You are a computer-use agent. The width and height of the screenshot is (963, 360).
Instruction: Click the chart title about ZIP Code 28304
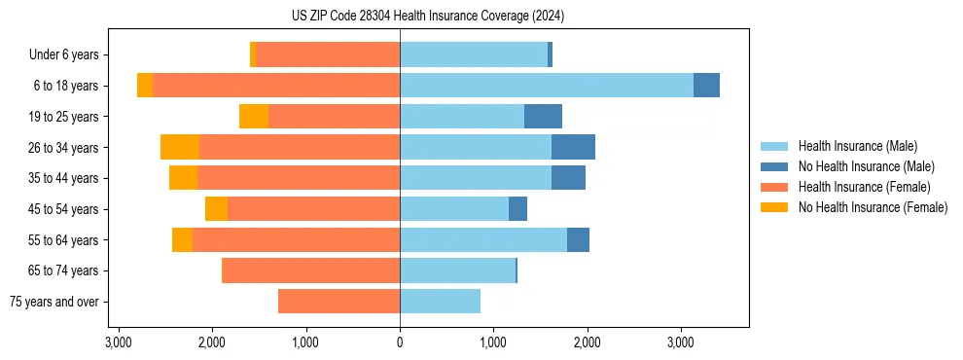[427, 16]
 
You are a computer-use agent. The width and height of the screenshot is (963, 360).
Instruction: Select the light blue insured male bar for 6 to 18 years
[546, 86]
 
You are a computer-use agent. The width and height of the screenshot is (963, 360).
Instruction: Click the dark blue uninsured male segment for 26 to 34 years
[573, 147]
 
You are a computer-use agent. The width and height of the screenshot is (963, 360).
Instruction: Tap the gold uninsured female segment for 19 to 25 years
[254, 117]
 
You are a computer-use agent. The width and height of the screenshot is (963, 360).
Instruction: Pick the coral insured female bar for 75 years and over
[339, 302]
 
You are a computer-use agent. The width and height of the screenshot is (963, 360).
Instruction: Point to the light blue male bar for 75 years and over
[440, 302]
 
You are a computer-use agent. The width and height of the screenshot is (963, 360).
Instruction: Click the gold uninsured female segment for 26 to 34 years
[180, 147]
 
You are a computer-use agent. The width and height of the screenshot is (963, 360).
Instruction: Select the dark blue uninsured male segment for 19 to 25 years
[543, 117]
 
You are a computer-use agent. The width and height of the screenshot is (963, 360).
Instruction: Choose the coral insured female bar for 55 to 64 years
[296, 239]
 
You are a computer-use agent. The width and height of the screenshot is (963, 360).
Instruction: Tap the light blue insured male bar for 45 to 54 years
[454, 209]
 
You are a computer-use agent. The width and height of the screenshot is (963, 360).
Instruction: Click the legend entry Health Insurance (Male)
[857, 146]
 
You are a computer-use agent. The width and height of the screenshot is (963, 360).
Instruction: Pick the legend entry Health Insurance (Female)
[864, 187]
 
